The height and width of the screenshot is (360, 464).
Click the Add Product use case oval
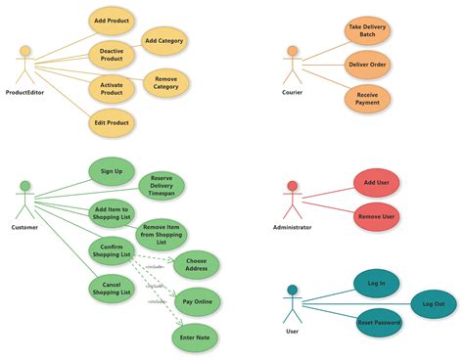pos(113,21)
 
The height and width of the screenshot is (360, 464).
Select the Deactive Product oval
pos(113,54)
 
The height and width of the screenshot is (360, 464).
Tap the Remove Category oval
pos(166,83)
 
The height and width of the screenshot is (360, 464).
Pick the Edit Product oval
pos(113,122)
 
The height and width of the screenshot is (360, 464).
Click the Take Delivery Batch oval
pos(367,30)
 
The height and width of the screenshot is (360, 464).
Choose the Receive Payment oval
pos(367,99)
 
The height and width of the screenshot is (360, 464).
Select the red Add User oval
pos(376,183)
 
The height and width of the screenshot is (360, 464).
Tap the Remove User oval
pos(376,216)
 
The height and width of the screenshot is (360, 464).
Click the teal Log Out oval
pos(433,304)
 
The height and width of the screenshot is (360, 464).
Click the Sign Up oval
pos(113,171)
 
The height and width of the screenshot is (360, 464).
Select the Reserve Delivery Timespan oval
pos(162,187)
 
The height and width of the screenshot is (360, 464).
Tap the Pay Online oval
pos(197,301)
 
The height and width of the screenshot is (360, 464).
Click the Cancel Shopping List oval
pos(112,289)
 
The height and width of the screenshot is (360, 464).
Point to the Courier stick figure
pos(291,66)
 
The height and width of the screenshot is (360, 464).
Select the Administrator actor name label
pos(292,227)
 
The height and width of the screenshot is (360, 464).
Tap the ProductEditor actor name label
pos(25,93)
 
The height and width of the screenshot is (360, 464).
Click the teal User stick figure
pos(292,303)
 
